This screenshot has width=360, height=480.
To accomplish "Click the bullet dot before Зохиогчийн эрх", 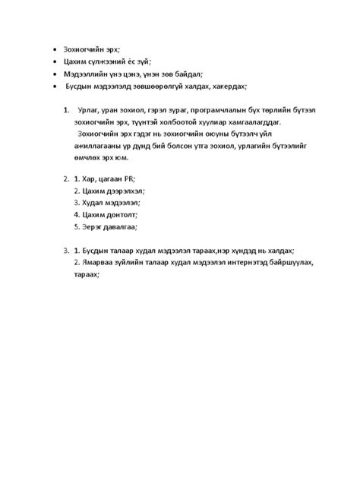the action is coord(55,48).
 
